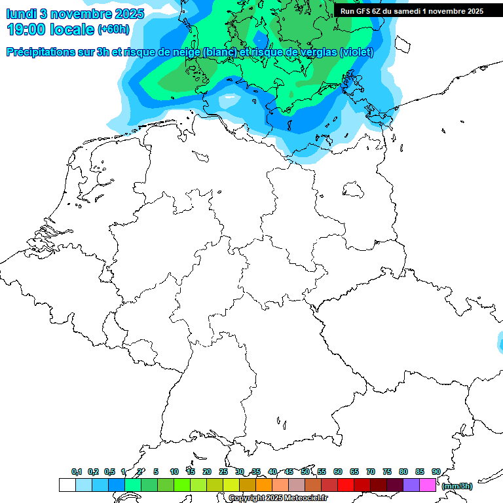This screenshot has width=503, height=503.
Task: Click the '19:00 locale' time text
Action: point(50,29)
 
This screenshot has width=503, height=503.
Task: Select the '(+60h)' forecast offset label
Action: point(113,29)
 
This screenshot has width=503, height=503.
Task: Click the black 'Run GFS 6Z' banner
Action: point(412,11)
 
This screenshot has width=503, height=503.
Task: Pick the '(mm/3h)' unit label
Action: point(457,486)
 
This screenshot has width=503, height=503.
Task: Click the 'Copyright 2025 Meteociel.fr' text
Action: point(278,498)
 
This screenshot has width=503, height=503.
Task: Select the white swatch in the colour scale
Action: point(67,485)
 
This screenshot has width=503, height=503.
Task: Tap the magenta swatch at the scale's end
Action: point(428,485)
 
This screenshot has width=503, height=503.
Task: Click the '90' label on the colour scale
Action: point(436,472)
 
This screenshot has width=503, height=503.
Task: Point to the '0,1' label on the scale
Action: point(77,472)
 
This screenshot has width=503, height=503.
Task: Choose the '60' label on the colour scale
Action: point(338,472)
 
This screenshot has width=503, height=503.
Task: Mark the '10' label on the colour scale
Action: point(174,472)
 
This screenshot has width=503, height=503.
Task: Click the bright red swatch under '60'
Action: point(346,485)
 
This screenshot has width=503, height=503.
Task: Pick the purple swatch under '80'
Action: point(411,485)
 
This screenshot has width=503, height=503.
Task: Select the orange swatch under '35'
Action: point(264,485)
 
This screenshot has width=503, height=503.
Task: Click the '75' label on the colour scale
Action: point(387,472)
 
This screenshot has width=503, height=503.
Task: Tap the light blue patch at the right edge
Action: point(500,341)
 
